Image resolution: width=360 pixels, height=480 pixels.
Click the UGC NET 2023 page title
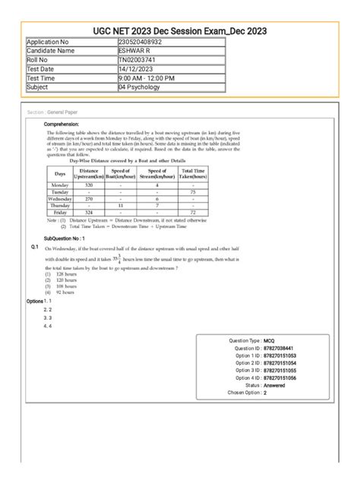[x=179, y=29]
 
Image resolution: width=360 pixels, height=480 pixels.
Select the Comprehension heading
[x=68, y=124]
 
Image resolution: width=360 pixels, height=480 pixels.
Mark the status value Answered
[x=274, y=385]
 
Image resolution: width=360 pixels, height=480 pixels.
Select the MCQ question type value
[x=269, y=341]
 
